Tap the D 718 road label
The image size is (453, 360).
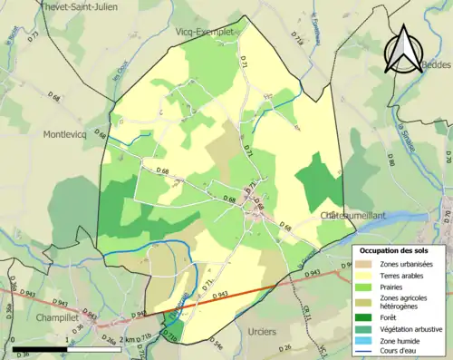(x=297, y=41)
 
